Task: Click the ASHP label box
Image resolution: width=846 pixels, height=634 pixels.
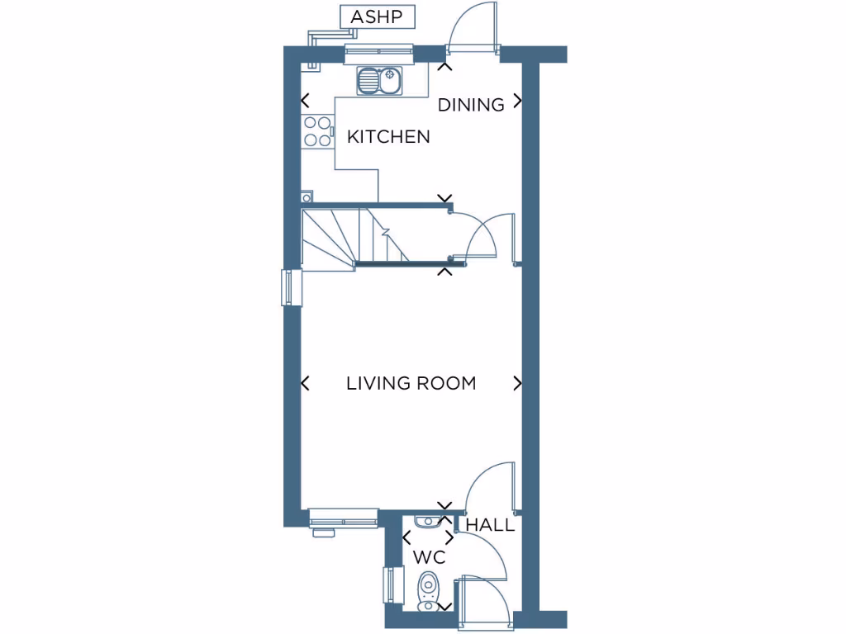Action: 377,17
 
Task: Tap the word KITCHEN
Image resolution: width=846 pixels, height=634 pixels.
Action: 388,137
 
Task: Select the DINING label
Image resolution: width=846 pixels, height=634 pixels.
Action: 471,105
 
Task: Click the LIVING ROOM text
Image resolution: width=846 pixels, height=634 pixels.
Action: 411,383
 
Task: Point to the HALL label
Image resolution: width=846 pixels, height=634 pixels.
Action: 490,525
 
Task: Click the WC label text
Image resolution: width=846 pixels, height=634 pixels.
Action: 430,557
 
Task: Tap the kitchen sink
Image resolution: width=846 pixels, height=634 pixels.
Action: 379,81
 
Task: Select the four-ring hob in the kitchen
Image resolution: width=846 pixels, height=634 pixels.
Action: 316,131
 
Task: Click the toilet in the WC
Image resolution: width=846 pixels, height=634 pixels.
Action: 428,591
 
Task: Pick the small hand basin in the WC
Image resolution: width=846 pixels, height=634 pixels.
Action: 427,520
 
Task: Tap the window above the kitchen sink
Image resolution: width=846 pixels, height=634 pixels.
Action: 378,54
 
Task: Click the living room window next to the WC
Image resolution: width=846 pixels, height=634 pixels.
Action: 340,518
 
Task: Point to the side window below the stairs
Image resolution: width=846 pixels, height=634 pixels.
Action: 288,287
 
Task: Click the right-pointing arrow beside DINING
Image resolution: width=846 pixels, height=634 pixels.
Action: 518,102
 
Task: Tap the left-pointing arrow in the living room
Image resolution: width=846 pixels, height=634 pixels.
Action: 305,383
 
